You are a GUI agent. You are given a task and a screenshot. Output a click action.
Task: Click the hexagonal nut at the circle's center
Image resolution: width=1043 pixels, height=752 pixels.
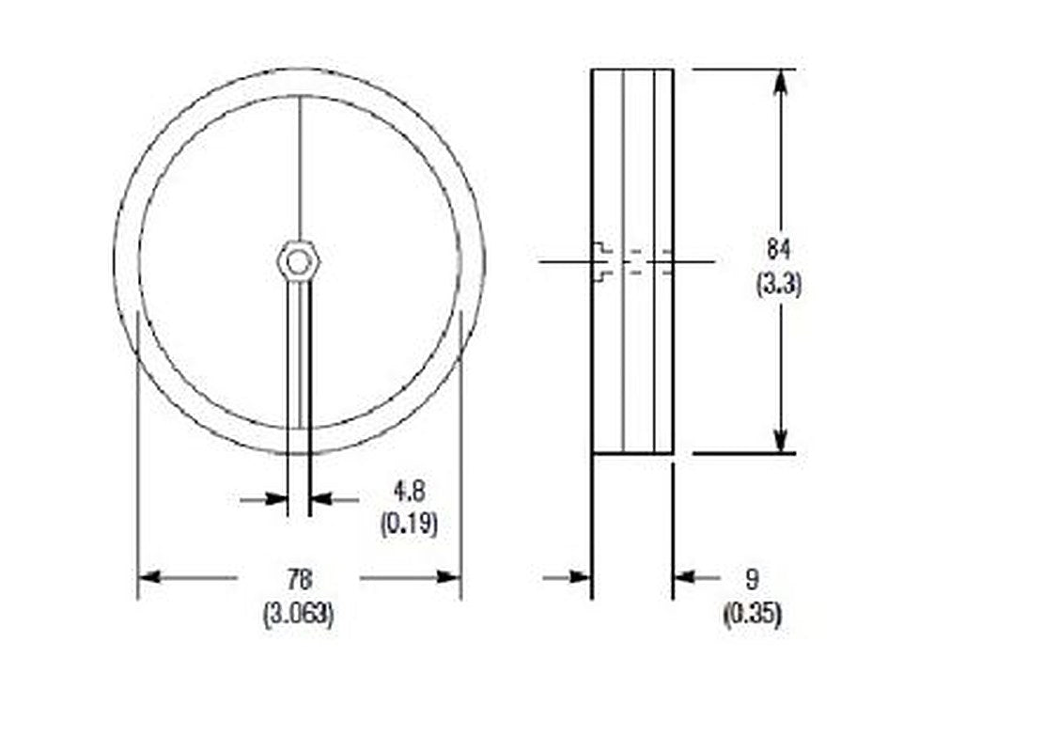(x=298, y=261)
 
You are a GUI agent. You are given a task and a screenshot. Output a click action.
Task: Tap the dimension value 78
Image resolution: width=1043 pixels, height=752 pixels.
(x=300, y=579)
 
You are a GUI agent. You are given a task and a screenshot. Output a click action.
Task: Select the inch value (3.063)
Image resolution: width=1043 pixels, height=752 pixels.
(x=300, y=614)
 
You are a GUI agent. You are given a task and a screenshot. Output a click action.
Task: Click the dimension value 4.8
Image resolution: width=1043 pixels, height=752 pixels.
(x=409, y=492)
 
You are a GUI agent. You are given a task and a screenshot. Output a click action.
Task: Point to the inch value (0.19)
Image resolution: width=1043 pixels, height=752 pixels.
(x=409, y=525)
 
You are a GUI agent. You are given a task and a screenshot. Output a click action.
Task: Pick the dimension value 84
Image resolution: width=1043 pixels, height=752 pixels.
(x=779, y=249)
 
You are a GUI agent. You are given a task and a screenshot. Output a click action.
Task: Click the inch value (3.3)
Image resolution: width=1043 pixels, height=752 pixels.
(x=779, y=285)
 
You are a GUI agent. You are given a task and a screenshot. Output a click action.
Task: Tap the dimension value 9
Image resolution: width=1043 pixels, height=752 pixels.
(x=752, y=579)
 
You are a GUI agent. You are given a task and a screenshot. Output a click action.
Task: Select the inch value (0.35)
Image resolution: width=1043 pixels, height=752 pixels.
(x=753, y=614)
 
